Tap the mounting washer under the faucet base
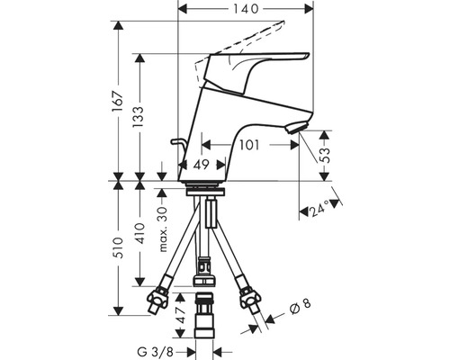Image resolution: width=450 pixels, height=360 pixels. (x=207, y=189)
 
